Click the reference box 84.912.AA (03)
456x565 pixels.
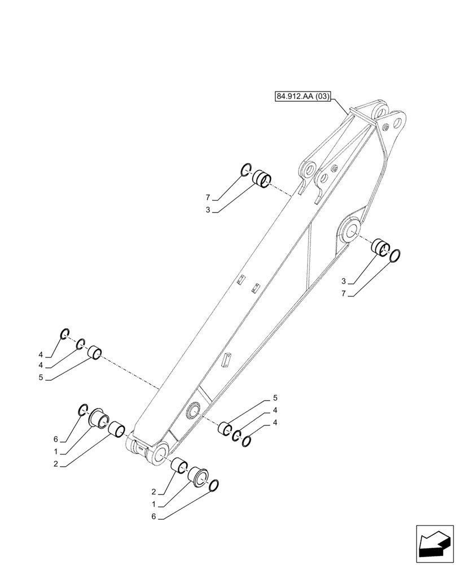pos(302,97)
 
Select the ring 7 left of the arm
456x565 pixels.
pos(245,169)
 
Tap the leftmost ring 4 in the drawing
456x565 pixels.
pos(64,334)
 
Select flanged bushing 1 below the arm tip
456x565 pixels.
pos(198,476)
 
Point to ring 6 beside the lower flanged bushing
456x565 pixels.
pos(214,485)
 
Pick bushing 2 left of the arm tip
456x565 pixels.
pos(117,429)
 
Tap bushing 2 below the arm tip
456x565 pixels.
pos(179,466)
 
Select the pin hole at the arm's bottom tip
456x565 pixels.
pos(160,453)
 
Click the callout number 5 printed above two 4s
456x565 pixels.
pos(275,398)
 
